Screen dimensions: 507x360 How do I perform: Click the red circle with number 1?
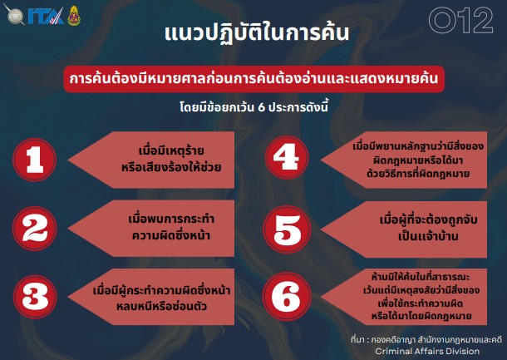(35, 160)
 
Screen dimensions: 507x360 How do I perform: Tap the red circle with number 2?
(35, 229)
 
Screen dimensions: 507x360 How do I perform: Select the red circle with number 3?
(35, 297)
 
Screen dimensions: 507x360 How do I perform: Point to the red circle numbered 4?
(287, 157)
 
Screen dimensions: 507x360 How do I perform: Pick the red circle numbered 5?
(287, 229)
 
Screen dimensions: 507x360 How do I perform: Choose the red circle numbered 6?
(287, 296)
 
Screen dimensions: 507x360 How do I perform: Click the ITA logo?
(46, 16)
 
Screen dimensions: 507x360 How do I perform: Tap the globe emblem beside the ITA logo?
(15, 15)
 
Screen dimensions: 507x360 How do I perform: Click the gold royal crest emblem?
(74, 15)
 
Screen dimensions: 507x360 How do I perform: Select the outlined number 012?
(460, 20)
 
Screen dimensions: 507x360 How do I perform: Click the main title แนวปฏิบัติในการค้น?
(257, 33)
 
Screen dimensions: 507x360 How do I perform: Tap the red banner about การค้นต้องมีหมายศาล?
(254, 79)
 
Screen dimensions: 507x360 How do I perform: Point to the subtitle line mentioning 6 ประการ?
(254, 106)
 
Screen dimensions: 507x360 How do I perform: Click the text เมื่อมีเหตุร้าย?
(171, 150)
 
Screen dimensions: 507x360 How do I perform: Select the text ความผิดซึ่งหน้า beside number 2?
(171, 235)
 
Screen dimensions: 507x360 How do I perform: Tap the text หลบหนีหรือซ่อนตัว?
(162, 306)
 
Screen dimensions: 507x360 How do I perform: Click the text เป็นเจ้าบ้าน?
(428, 236)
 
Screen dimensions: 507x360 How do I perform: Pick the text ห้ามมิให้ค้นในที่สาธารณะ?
(421, 277)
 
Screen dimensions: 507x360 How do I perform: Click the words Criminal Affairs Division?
(427, 351)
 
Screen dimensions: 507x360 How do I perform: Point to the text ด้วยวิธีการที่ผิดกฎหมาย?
(418, 174)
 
